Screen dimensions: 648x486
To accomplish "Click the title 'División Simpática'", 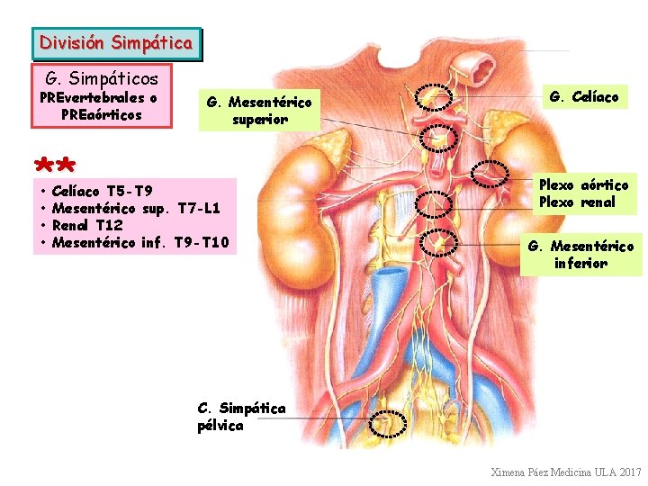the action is pos(116,42).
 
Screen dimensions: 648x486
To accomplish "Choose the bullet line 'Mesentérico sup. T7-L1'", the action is pos(135,208).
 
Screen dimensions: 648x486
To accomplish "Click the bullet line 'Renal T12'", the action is pos(87,225).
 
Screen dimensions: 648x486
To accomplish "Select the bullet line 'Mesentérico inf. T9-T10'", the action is pos(140,242).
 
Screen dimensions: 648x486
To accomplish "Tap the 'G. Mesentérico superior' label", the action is pos(259,111).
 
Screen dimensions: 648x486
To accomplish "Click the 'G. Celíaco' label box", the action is pos(583,96).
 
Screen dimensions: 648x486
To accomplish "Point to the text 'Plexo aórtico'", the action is pos(583,185).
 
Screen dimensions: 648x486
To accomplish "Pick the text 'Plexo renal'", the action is pos(577,202).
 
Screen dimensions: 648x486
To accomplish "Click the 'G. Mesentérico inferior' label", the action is pos(580,255).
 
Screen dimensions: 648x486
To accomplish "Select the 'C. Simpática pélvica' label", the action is pos(241,417).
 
